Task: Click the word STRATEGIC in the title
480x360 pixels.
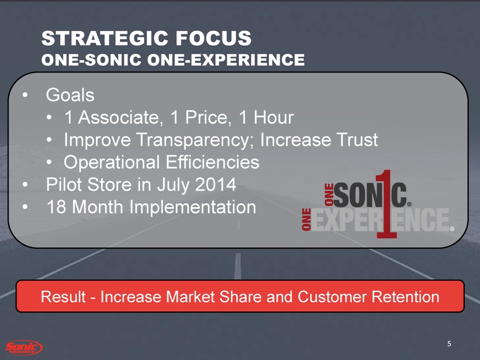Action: [x=104, y=38]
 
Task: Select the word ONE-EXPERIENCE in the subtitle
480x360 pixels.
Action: [x=226, y=59]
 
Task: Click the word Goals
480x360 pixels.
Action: [x=70, y=95]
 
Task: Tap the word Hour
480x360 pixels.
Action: [x=274, y=117]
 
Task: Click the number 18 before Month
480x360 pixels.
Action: [x=56, y=207]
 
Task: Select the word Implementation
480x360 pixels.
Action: [x=193, y=207]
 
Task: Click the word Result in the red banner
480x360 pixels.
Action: [x=63, y=297]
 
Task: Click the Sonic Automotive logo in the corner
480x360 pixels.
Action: [x=24, y=347]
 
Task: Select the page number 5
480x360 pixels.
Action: [x=449, y=344]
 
